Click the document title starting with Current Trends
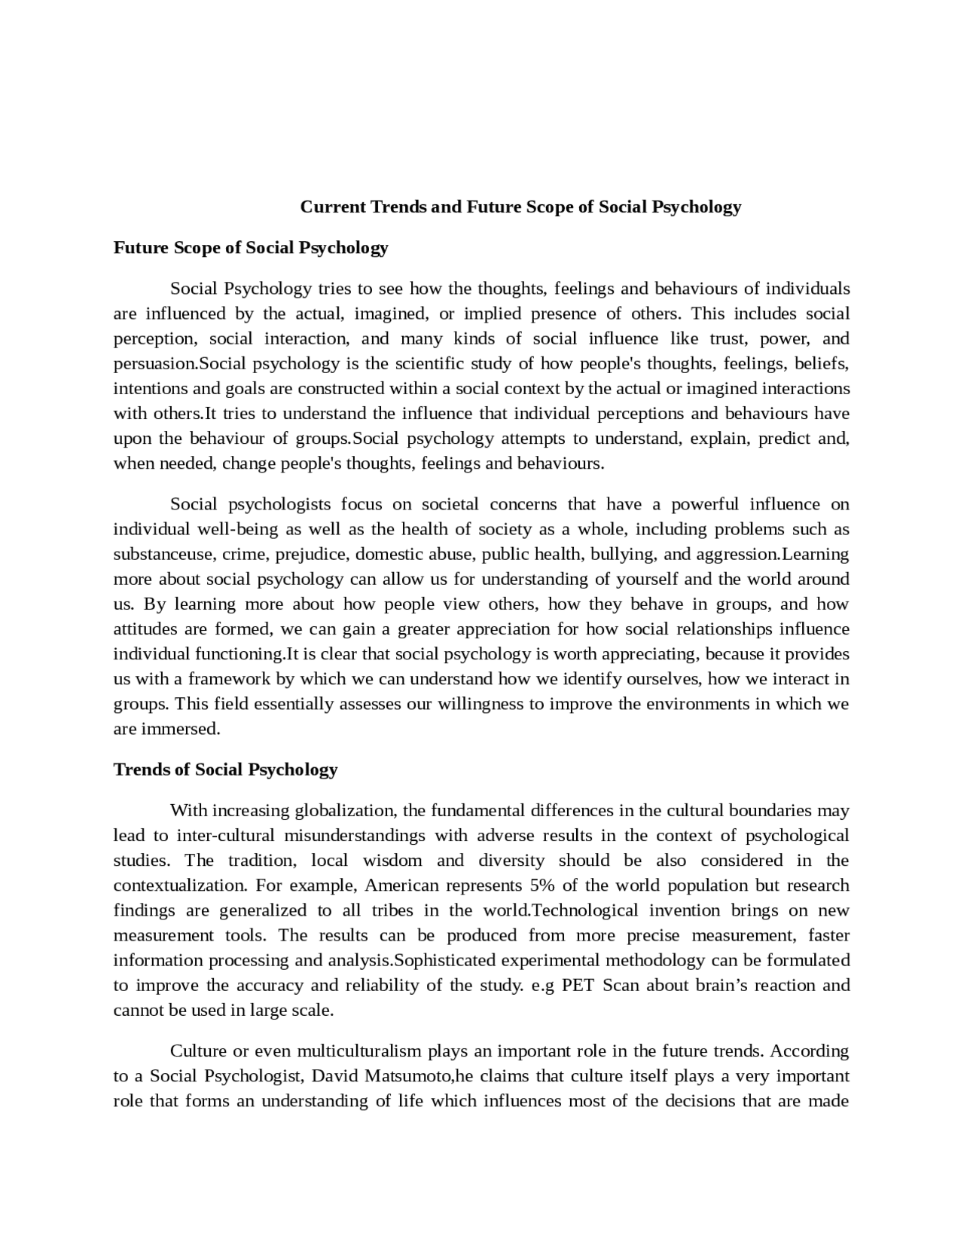pos(520,206)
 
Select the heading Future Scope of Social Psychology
pos(250,248)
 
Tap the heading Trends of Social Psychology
pos(225,769)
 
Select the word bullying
pos(623,554)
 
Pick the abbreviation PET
pos(578,985)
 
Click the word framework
pos(229,679)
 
